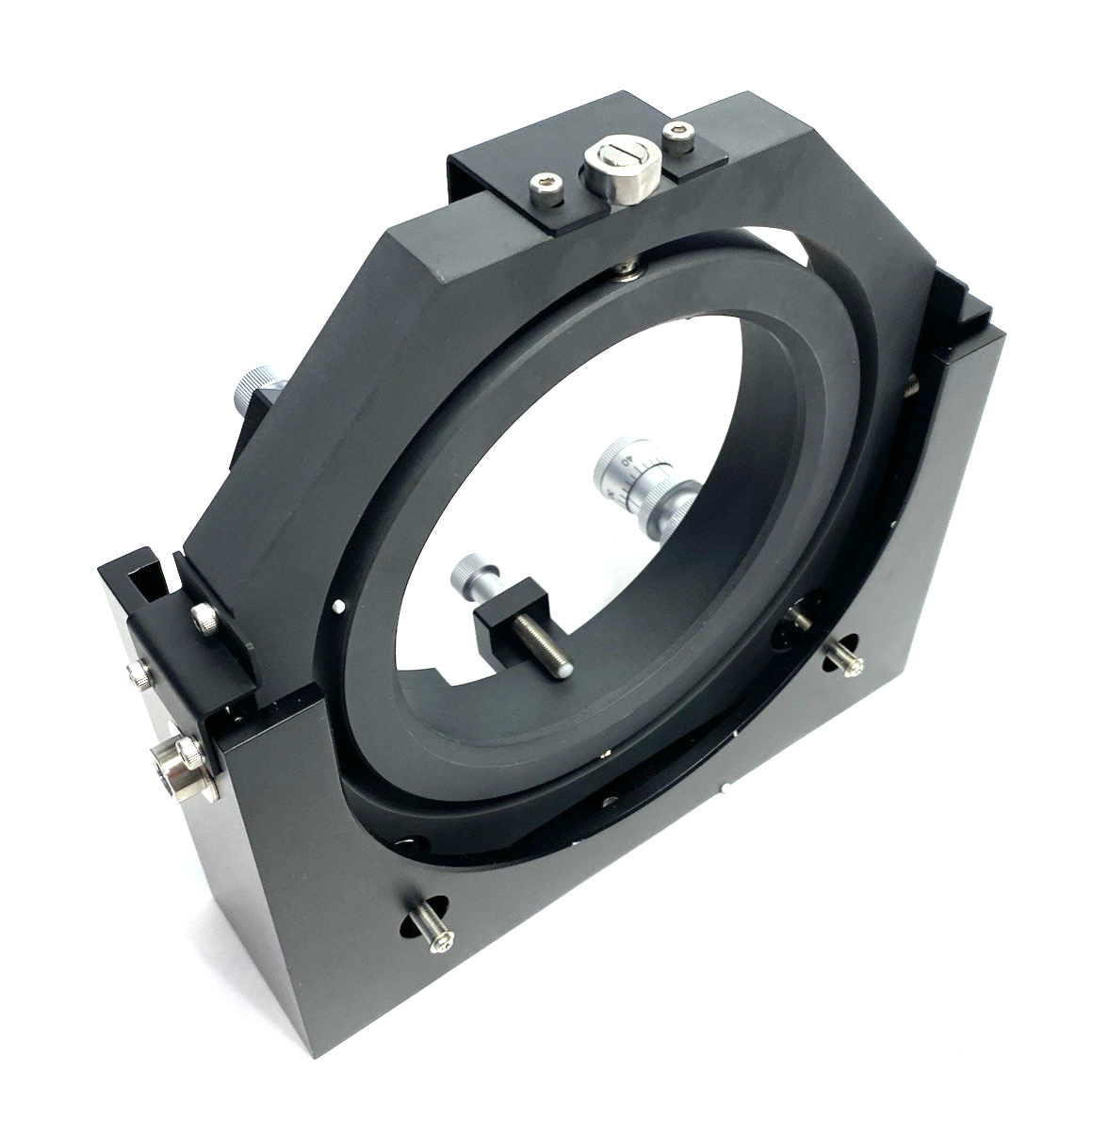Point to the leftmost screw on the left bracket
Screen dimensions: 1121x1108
[138, 673]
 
